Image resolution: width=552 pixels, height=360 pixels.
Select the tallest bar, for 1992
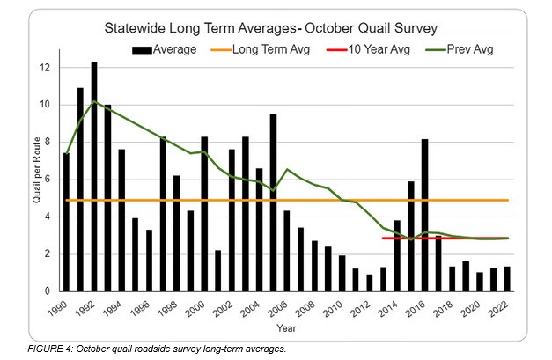(94, 177)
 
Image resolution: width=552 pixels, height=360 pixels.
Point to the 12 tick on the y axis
(48, 68)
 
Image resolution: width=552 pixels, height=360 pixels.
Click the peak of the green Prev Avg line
(94, 102)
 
